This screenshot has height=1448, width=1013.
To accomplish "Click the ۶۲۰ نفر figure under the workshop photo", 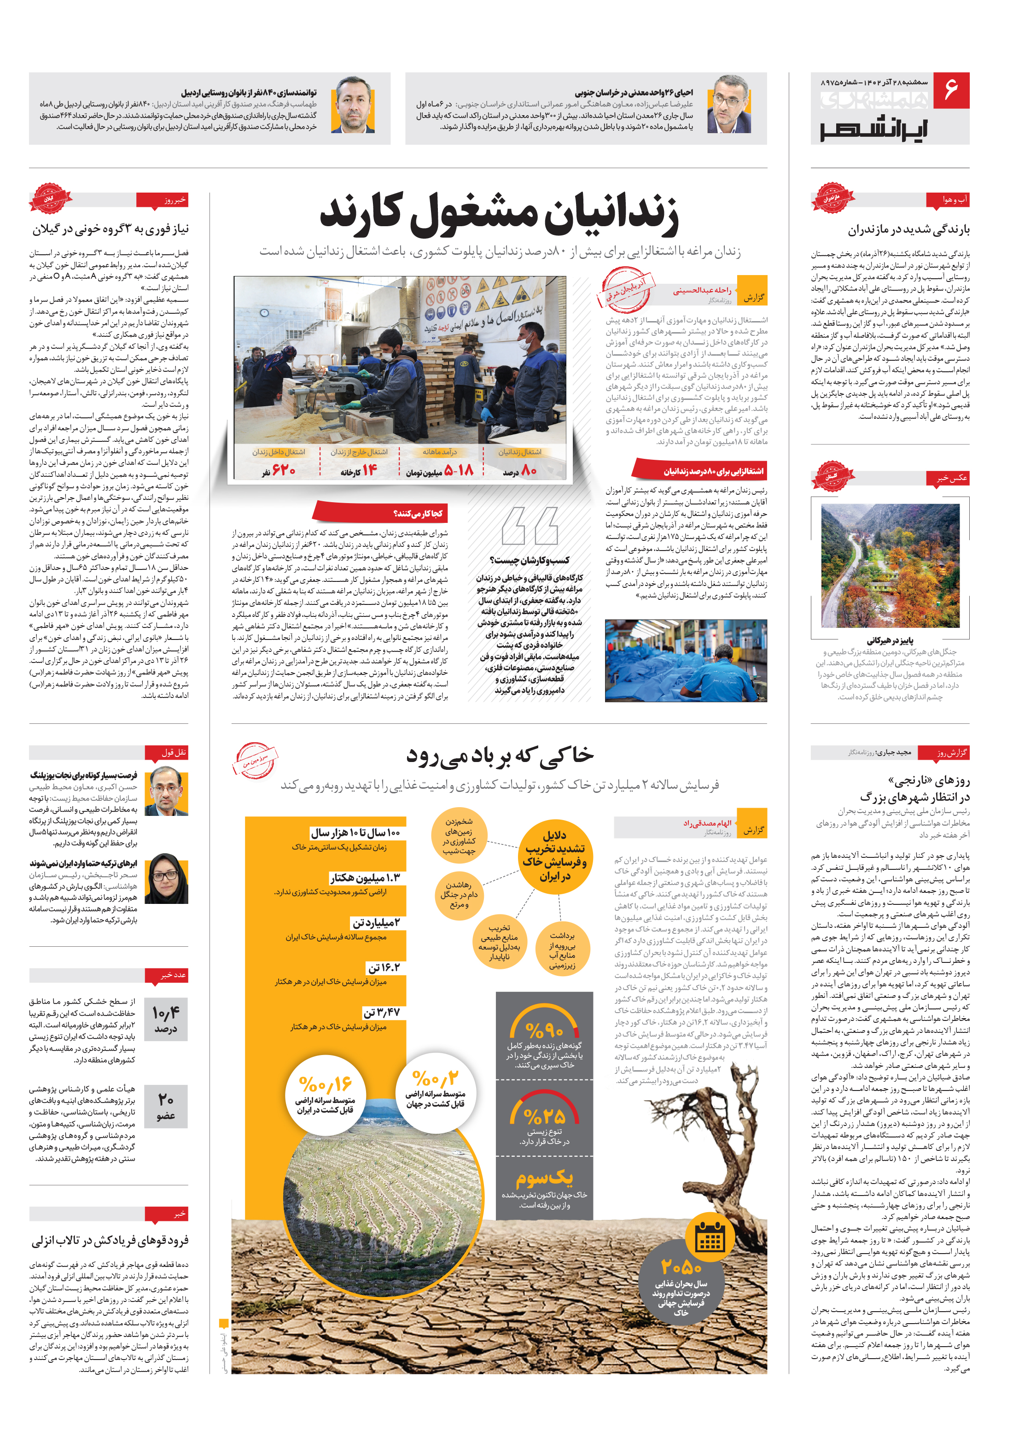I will point(279,470).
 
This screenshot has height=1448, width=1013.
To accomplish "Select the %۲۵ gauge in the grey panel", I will point(544,1116).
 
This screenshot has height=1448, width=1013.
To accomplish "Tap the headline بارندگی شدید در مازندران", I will point(908,229).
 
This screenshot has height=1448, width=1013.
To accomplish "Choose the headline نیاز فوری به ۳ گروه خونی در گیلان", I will point(111,229).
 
